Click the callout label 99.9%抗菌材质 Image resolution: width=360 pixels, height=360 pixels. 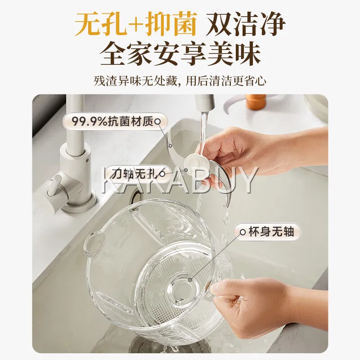click(x=115, y=121)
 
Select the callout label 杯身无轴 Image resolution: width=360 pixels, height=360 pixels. click(x=267, y=232)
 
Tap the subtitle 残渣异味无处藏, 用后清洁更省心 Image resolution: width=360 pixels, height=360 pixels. click(x=180, y=81)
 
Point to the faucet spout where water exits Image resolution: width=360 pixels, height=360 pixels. click(x=205, y=108)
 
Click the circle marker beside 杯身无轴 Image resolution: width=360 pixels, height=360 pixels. click(x=243, y=232)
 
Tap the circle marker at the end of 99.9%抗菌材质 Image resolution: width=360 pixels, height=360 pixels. click(x=158, y=121)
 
